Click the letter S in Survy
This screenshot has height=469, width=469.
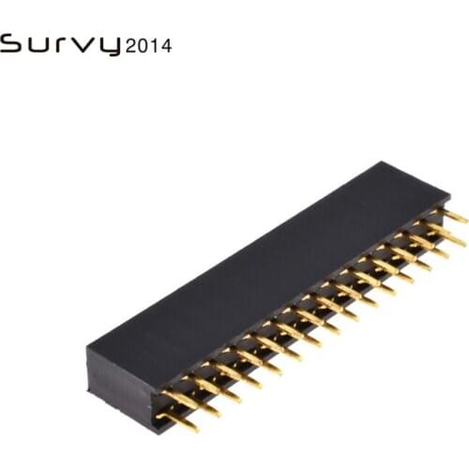tap(11, 44)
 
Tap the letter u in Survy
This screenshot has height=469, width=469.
tap(37, 45)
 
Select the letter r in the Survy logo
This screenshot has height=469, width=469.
tap(61, 45)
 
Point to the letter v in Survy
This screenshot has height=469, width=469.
tap(84, 45)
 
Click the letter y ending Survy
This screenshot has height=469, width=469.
tap(110, 47)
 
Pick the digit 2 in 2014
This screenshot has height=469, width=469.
tap(131, 45)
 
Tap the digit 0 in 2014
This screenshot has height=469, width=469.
tap(144, 45)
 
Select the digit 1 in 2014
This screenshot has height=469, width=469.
tap(155, 45)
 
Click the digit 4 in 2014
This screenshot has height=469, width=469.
tap(166, 45)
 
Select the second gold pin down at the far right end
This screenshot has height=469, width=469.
tap(450, 235)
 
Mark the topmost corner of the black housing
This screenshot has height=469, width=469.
tap(386, 162)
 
